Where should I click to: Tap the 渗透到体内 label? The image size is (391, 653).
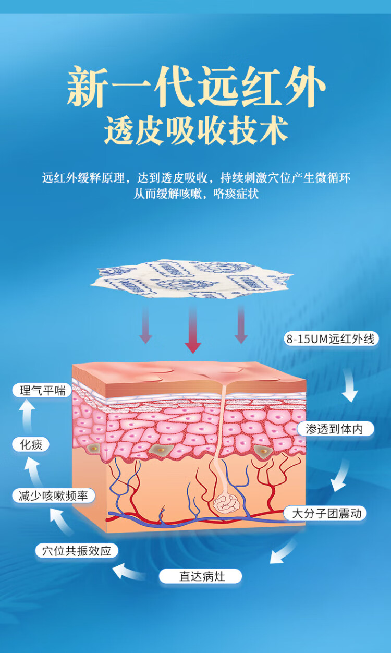pos(336,429)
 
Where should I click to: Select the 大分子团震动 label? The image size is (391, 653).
pos(326,513)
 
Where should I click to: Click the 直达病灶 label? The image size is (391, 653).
pos(201,576)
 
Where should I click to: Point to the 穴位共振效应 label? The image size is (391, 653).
pos(77,551)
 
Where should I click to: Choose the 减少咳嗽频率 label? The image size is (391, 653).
pos(53,496)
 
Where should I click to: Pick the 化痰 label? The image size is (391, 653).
pos(31,445)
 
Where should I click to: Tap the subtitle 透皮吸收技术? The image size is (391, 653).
pos(196,130)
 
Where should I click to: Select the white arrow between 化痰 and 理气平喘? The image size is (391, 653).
pos(26,417)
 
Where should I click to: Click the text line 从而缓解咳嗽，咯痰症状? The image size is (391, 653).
pos(196,194)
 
